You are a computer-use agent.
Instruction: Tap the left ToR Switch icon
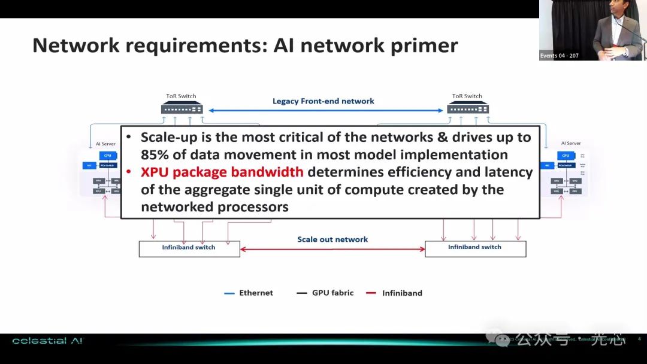tap(182, 108)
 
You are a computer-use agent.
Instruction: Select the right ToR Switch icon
tap(468, 108)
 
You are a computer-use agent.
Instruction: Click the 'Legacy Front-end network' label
tap(323, 101)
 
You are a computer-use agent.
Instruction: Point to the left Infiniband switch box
tap(189, 248)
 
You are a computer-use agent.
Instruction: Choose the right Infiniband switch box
tap(475, 248)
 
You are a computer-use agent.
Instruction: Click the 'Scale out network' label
tap(332, 239)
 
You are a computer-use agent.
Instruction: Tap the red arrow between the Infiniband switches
tap(332, 249)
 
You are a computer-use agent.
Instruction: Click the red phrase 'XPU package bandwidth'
tap(222, 172)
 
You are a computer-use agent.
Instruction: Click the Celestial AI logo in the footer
tap(47, 341)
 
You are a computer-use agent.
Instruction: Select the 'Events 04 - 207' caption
tap(559, 56)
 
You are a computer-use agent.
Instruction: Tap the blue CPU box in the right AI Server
tap(565, 156)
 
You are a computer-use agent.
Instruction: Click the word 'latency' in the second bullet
tap(510, 172)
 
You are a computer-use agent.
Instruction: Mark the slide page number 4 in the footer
tap(639, 339)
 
